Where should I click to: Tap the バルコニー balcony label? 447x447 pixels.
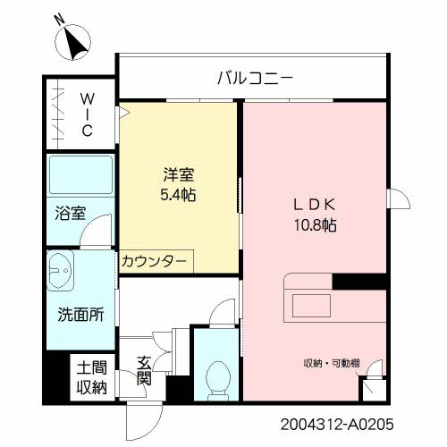point(254,78)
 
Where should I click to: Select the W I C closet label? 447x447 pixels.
point(88,114)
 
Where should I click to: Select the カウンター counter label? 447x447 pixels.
point(154,260)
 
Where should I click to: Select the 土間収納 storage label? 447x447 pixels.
point(90,376)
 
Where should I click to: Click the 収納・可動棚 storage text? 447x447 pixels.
point(331,362)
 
